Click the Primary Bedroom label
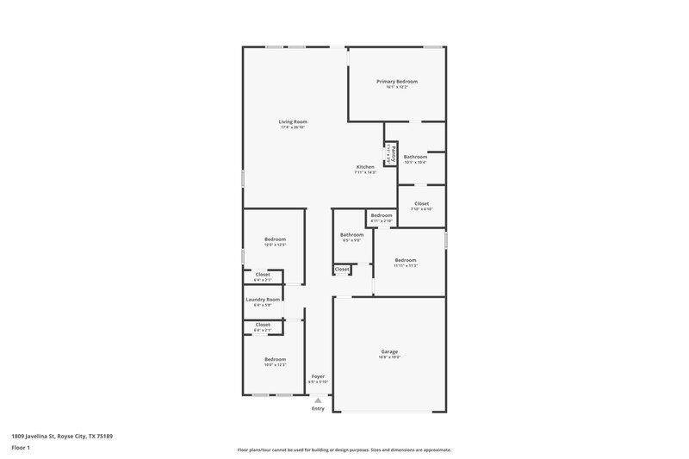(397, 81)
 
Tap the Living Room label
(293, 121)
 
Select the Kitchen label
(365, 166)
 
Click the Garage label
(389, 351)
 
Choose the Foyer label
(318, 375)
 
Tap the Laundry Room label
(263, 300)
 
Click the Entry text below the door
(319, 408)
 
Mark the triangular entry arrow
(319, 400)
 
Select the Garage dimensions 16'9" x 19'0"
(389, 357)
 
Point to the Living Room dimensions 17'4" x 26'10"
(293, 127)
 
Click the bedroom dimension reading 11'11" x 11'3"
(406, 266)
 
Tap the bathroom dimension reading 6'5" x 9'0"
(351, 240)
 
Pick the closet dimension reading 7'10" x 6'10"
(421, 210)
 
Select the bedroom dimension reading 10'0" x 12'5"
(275, 245)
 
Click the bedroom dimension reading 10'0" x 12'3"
(275, 365)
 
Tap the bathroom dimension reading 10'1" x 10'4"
(415, 162)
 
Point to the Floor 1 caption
(21, 450)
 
